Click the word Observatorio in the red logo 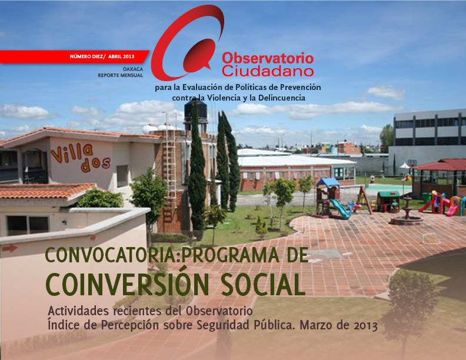click(x=268, y=58)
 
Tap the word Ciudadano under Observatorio click(x=268, y=71)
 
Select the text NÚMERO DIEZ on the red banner click(x=86, y=56)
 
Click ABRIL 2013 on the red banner click(x=121, y=56)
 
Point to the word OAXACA click(x=133, y=69)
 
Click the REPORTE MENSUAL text click(x=121, y=75)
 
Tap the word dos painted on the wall click(x=95, y=165)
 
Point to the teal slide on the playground click(x=339, y=208)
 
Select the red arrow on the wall click(x=10, y=248)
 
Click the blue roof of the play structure click(x=328, y=182)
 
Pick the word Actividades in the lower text click(x=78, y=311)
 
